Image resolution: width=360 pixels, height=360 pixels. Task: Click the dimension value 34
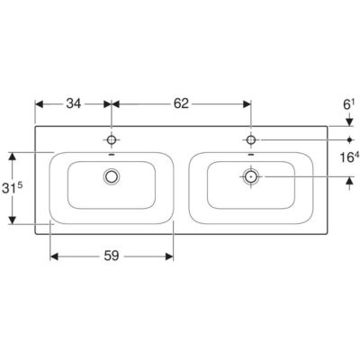pyautogui.click(x=74, y=103)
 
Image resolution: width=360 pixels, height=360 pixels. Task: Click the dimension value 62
pyautogui.click(x=181, y=103)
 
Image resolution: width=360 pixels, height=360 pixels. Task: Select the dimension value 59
pyautogui.click(x=112, y=256)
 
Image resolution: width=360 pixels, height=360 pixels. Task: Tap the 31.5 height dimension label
pyautogui.click(x=12, y=188)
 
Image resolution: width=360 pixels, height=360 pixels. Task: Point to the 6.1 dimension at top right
pyautogui.click(x=349, y=104)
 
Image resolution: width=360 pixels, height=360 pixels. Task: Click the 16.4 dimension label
pyautogui.click(x=349, y=157)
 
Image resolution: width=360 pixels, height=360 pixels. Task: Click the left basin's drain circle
pyautogui.click(x=112, y=176)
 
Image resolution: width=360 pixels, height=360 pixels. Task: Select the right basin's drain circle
pyautogui.click(x=251, y=176)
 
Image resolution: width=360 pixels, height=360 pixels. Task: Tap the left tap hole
pyautogui.click(x=112, y=139)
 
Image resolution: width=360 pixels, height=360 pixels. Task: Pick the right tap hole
pyautogui.click(x=251, y=139)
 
